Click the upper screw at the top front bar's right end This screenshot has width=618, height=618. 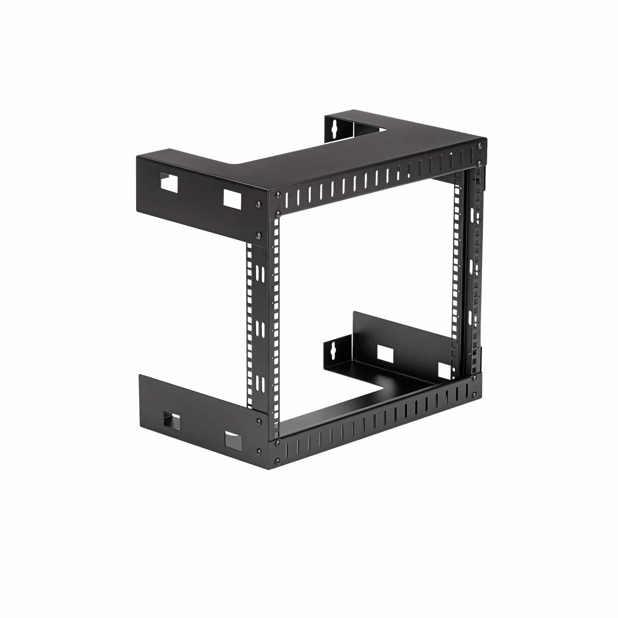pyautogui.click(x=480, y=146)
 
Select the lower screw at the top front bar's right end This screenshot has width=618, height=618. pyautogui.click(x=479, y=163)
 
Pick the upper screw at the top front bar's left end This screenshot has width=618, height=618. pyautogui.click(x=278, y=194)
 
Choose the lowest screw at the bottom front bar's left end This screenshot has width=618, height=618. pyautogui.click(x=278, y=461)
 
